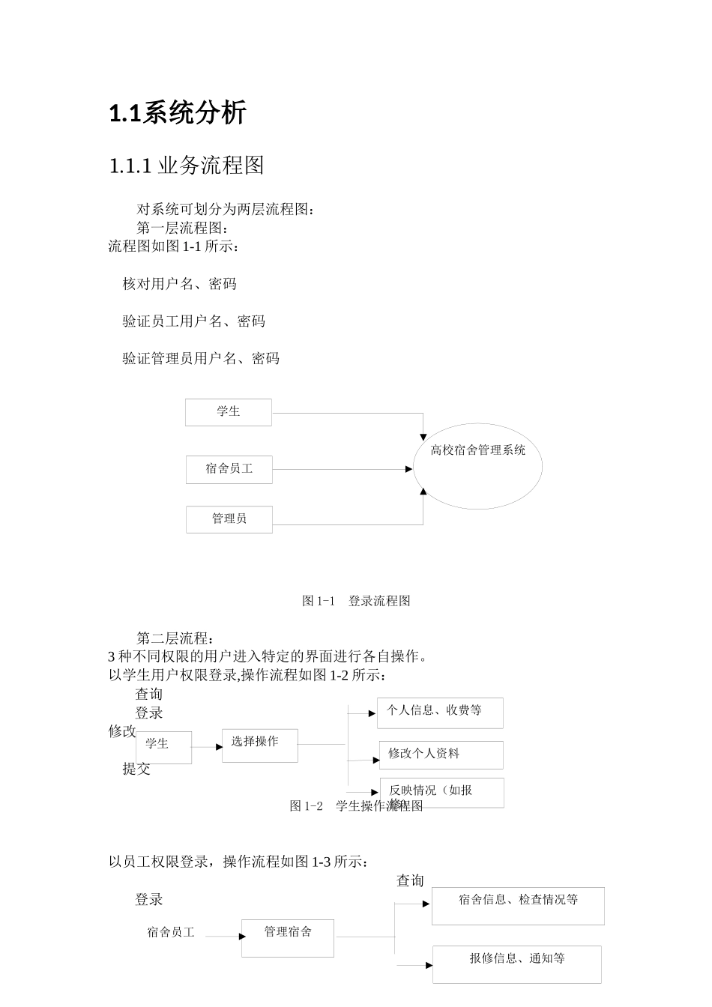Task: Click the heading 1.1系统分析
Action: [x=178, y=113]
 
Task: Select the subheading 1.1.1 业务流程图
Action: [x=187, y=166]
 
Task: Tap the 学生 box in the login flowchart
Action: [x=229, y=412]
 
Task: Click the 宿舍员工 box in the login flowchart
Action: [x=229, y=469]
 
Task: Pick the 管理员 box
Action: [x=229, y=518]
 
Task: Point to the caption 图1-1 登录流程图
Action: [x=356, y=601]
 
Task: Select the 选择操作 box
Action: [x=259, y=746]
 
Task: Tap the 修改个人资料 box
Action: [x=441, y=755]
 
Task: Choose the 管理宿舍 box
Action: [x=288, y=937]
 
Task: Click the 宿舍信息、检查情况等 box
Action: [x=518, y=905]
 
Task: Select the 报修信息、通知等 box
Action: [x=517, y=964]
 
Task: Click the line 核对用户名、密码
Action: [x=179, y=284]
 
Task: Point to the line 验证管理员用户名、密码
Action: [x=201, y=359]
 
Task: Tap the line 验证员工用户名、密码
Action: [x=193, y=321]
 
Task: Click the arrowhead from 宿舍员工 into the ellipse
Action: [x=408, y=469]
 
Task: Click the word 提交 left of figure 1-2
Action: [x=136, y=769]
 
